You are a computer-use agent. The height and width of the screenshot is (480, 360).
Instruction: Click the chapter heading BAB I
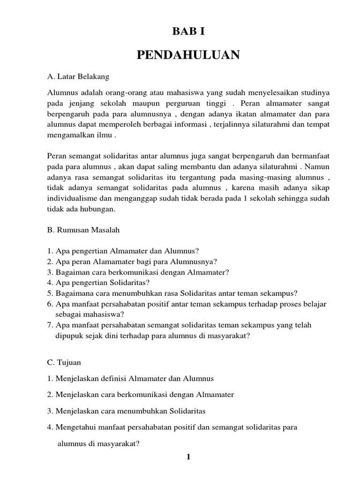click(x=188, y=31)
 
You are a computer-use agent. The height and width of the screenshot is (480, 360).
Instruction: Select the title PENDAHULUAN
click(x=188, y=55)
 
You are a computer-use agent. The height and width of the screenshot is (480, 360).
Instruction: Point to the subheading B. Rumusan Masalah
click(x=83, y=230)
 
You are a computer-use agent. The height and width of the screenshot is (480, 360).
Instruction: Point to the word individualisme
click(x=71, y=198)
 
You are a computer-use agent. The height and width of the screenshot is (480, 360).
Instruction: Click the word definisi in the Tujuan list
click(x=116, y=378)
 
